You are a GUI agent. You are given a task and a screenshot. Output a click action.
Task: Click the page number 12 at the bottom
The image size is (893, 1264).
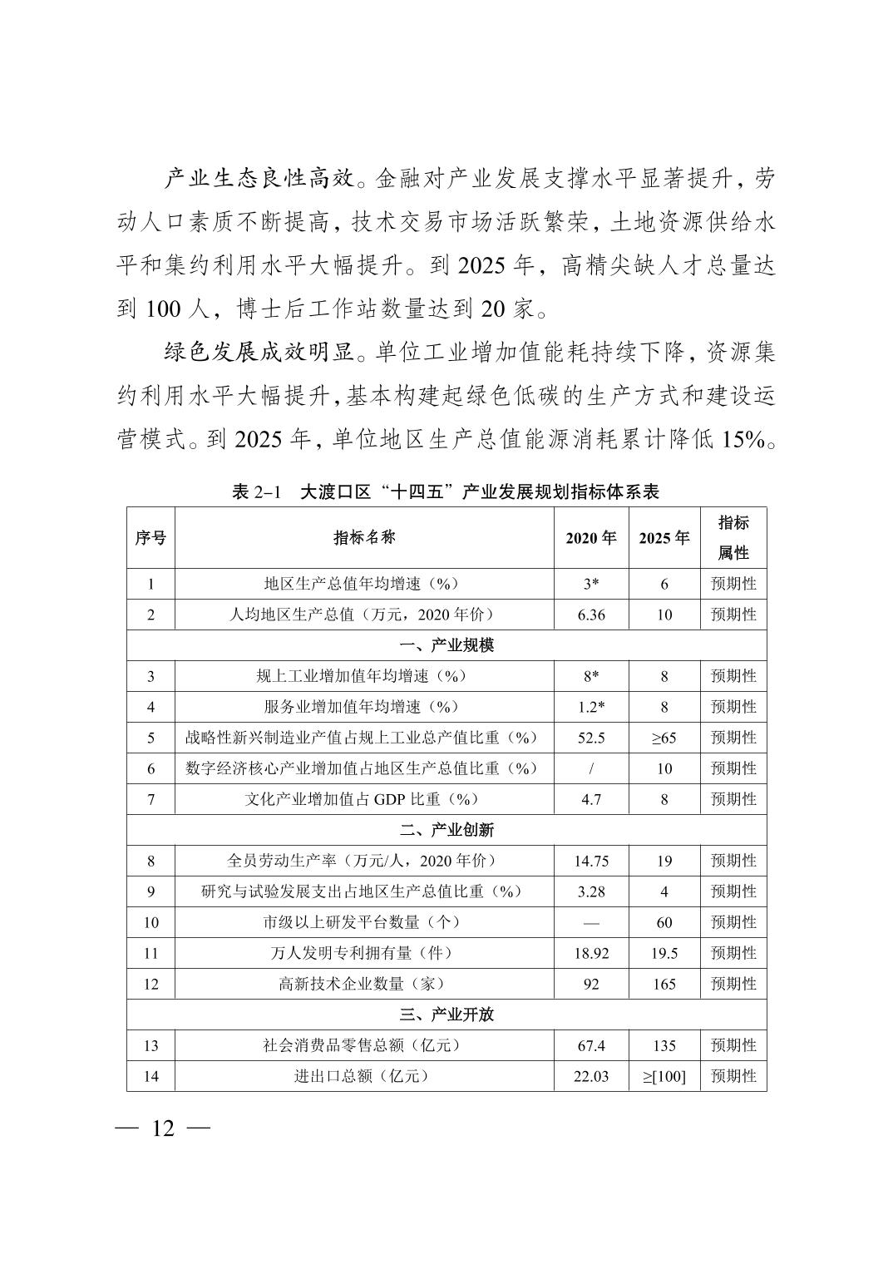163,1128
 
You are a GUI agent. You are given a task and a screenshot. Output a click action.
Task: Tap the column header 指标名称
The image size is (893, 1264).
364,537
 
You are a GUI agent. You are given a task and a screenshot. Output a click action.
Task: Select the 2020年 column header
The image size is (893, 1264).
591,538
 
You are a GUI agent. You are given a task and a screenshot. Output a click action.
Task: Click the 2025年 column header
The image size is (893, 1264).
664,538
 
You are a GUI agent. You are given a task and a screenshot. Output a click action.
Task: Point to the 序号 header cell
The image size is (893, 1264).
150,538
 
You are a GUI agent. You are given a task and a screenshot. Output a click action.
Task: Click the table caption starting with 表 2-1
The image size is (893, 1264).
446,491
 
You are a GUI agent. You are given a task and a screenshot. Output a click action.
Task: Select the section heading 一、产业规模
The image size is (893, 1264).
446,645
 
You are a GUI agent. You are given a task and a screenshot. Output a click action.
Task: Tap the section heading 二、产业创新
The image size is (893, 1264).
446,830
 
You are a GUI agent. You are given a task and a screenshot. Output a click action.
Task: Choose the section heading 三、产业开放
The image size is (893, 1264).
446,1015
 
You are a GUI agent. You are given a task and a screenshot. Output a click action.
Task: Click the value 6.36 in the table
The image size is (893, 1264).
591,615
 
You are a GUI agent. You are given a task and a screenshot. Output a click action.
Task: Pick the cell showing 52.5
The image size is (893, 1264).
591,738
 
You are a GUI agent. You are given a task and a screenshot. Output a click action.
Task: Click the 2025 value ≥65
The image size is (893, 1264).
664,738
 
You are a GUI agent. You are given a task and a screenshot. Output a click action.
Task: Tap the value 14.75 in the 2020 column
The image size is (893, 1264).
591,861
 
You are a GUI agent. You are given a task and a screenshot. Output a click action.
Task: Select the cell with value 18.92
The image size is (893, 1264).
591,953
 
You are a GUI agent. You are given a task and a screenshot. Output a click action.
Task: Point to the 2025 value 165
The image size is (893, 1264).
664,984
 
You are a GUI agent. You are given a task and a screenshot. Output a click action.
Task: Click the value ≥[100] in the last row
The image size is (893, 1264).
664,1076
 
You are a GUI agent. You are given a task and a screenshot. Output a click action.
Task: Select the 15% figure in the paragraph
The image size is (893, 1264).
743,439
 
